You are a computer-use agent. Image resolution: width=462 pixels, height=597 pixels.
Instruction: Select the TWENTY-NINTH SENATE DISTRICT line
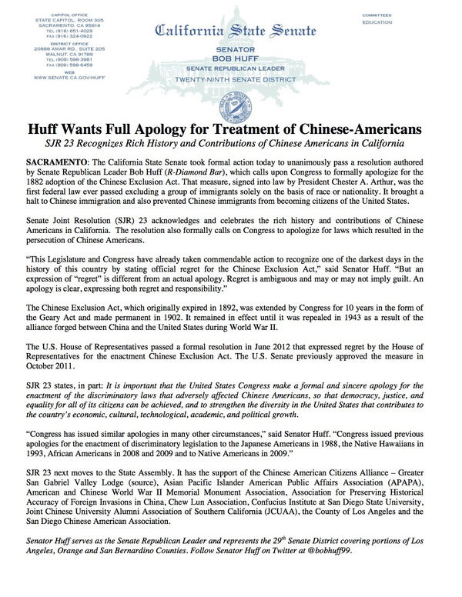pos(232,78)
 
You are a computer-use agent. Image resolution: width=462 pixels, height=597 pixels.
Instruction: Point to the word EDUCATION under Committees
pos(377,22)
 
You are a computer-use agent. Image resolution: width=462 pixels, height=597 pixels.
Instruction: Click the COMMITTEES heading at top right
pos(377,15)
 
